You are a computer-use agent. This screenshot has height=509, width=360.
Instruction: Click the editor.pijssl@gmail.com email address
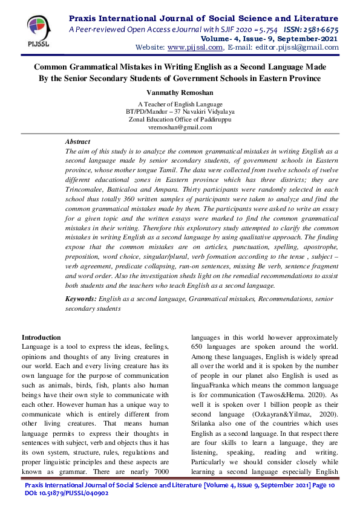296,47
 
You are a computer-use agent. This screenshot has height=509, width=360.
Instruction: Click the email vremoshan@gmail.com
180,128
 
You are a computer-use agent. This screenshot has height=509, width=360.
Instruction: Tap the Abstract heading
77,140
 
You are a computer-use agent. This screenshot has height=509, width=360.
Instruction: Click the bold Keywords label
82,299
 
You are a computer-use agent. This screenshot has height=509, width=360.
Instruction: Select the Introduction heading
41,337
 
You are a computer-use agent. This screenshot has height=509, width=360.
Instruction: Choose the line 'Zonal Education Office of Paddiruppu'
180,120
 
